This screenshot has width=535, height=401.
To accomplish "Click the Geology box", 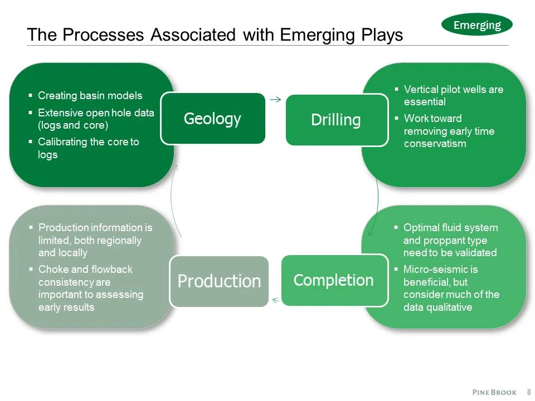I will pyautogui.click(x=212, y=119).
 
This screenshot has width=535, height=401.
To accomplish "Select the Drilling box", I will pyautogui.click(x=336, y=120).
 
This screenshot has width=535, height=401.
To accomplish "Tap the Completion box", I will pyautogui.click(x=334, y=280).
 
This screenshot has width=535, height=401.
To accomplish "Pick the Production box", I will pyautogui.click(x=219, y=281).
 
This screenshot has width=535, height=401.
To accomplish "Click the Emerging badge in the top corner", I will pyautogui.click(x=476, y=25).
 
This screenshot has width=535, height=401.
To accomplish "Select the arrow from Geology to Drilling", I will pyautogui.click(x=275, y=100).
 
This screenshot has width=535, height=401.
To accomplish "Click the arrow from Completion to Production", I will pyautogui.click(x=275, y=301).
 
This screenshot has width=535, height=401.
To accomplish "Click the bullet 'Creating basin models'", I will pyautogui.click(x=90, y=95).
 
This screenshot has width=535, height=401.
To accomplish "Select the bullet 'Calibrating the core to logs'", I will pyautogui.click(x=88, y=148).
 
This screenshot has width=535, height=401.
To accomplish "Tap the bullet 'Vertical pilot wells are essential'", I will pyautogui.click(x=453, y=95).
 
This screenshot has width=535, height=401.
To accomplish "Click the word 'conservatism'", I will pyautogui.click(x=435, y=144).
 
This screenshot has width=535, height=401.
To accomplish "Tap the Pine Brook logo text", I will pyautogui.click(x=495, y=392).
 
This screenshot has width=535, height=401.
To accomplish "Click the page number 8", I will pyautogui.click(x=529, y=392).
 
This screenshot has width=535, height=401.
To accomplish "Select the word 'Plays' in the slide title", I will pyautogui.click(x=381, y=35).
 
